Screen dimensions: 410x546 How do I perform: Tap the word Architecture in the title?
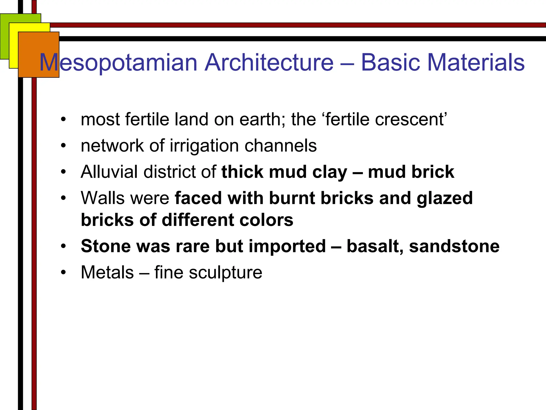[x=269, y=62]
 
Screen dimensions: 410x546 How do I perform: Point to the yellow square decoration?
[x=13, y=48]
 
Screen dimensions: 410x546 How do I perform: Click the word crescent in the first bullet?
[x=411, y=119]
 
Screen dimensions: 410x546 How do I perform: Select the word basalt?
[x=375, y=246]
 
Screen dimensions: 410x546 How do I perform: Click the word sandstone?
[x=454, y=246]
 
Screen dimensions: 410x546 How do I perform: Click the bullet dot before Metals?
[x=63, y=273]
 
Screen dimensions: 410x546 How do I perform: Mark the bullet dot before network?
[x=63, y=146]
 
